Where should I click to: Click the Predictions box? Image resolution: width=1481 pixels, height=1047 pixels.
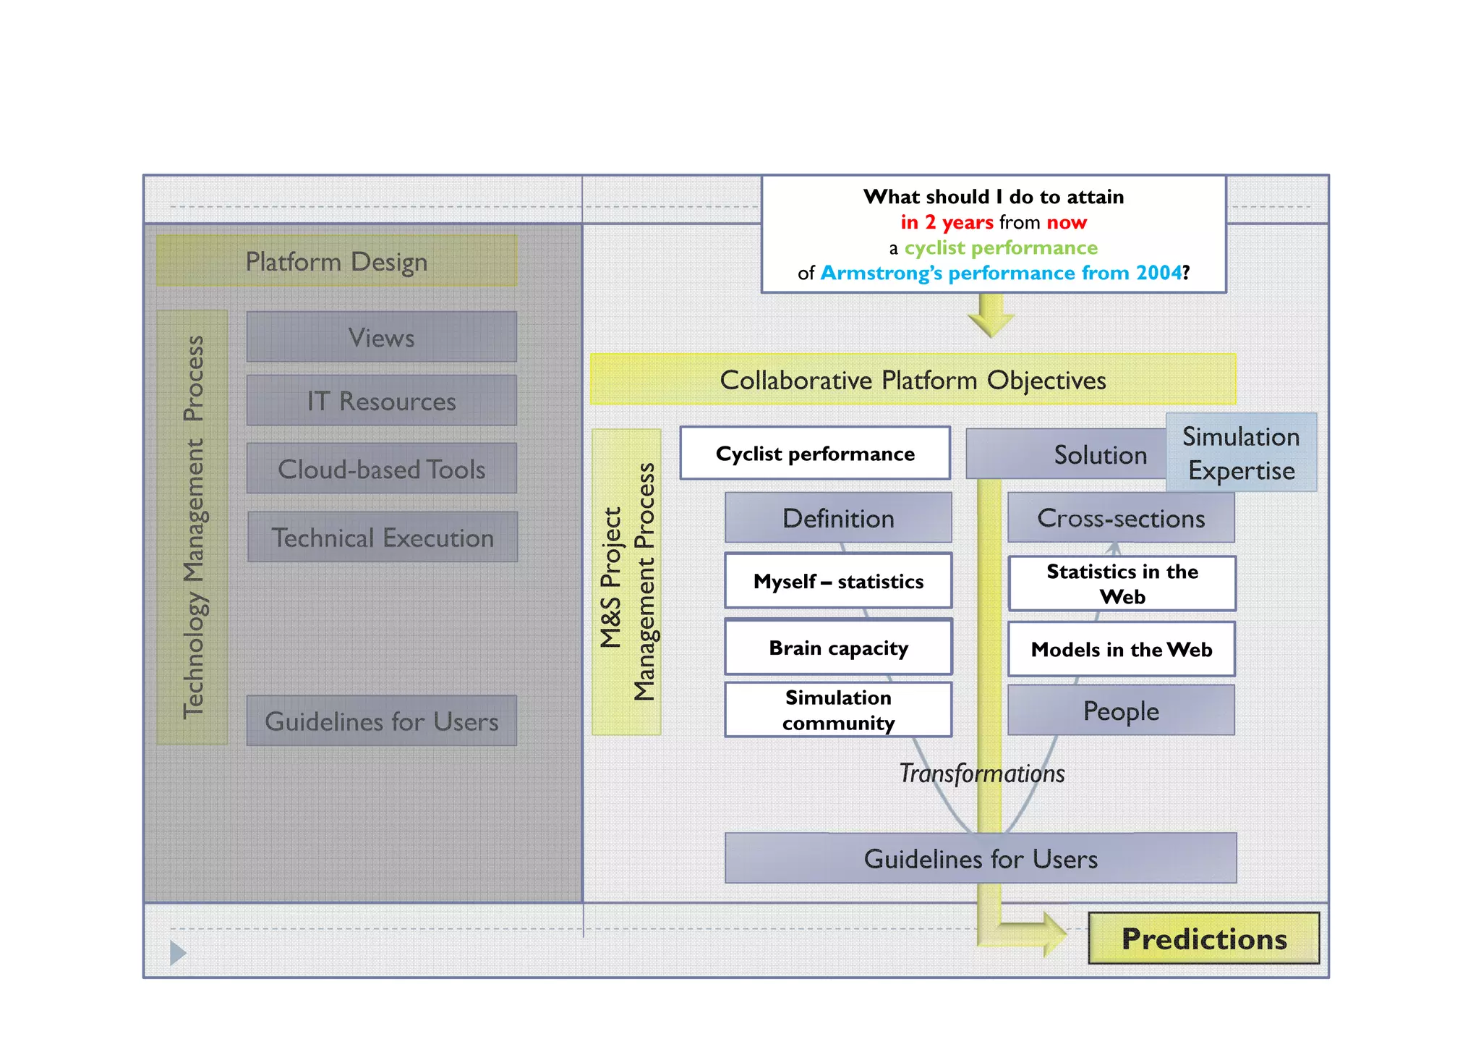point(1203,938)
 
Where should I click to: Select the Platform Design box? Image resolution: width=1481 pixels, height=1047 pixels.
point(336,260)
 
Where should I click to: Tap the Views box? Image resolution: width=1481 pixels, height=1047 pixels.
point(381,337)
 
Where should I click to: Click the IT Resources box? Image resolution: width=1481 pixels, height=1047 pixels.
point(381,400)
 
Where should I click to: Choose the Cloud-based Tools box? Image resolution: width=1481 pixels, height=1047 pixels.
point(381,469)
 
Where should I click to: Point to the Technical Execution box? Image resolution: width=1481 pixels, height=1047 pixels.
point(382,537)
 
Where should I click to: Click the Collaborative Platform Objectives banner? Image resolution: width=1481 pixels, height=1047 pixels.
point(913,379)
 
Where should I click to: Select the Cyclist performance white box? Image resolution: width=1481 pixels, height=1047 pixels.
point(815,453)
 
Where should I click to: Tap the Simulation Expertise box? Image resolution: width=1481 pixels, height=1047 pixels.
point(1241,453)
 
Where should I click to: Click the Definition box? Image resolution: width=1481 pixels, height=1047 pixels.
point(838,518)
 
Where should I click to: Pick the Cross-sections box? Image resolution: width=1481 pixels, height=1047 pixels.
point(1121,518)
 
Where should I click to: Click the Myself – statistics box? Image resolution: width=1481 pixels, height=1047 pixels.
point(838,581)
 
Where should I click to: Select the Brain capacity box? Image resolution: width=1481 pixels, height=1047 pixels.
point(838,648)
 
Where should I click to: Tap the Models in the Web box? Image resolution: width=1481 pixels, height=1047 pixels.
point(1121,649)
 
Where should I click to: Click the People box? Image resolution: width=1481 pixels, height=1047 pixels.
point(1121,711)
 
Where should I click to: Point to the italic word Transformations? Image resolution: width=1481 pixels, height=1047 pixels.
point(981,773)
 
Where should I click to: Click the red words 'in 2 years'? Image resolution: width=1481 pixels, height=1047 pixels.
point(947,222)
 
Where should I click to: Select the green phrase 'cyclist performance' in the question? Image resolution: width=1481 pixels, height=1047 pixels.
point(1001,247)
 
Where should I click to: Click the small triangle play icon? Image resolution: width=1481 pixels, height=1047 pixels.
point(177,952)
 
